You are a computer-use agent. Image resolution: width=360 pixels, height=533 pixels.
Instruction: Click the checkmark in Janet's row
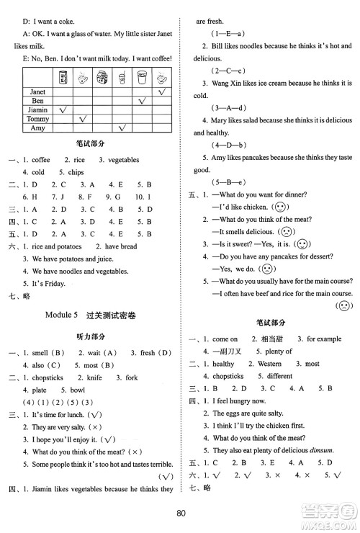163,91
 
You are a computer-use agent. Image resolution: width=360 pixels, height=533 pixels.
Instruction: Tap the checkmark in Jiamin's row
63,109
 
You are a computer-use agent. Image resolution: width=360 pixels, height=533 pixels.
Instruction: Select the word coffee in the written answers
41,160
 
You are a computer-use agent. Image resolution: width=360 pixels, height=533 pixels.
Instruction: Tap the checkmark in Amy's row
122,128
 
